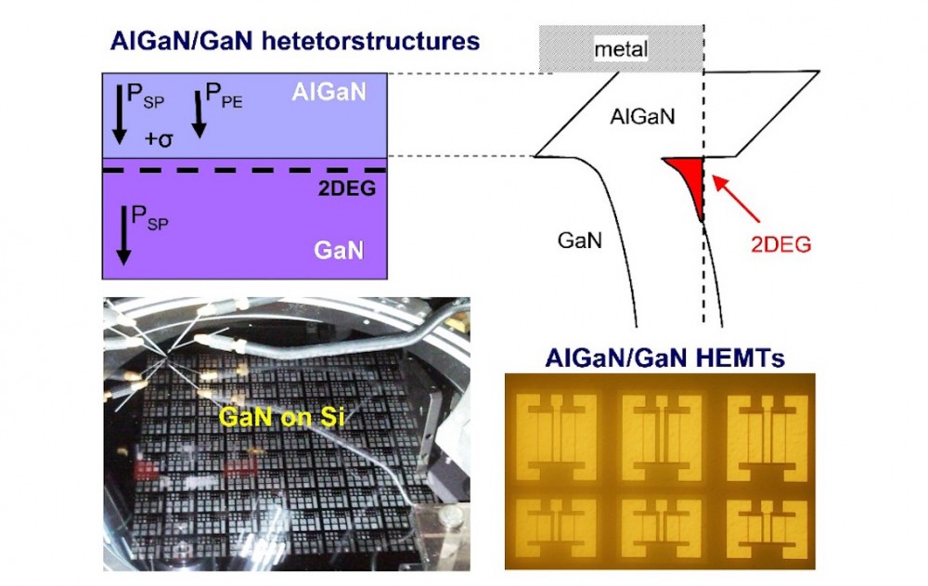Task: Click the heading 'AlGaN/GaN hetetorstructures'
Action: [x=294, y=41]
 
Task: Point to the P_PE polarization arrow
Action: [x=198, y=114]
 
